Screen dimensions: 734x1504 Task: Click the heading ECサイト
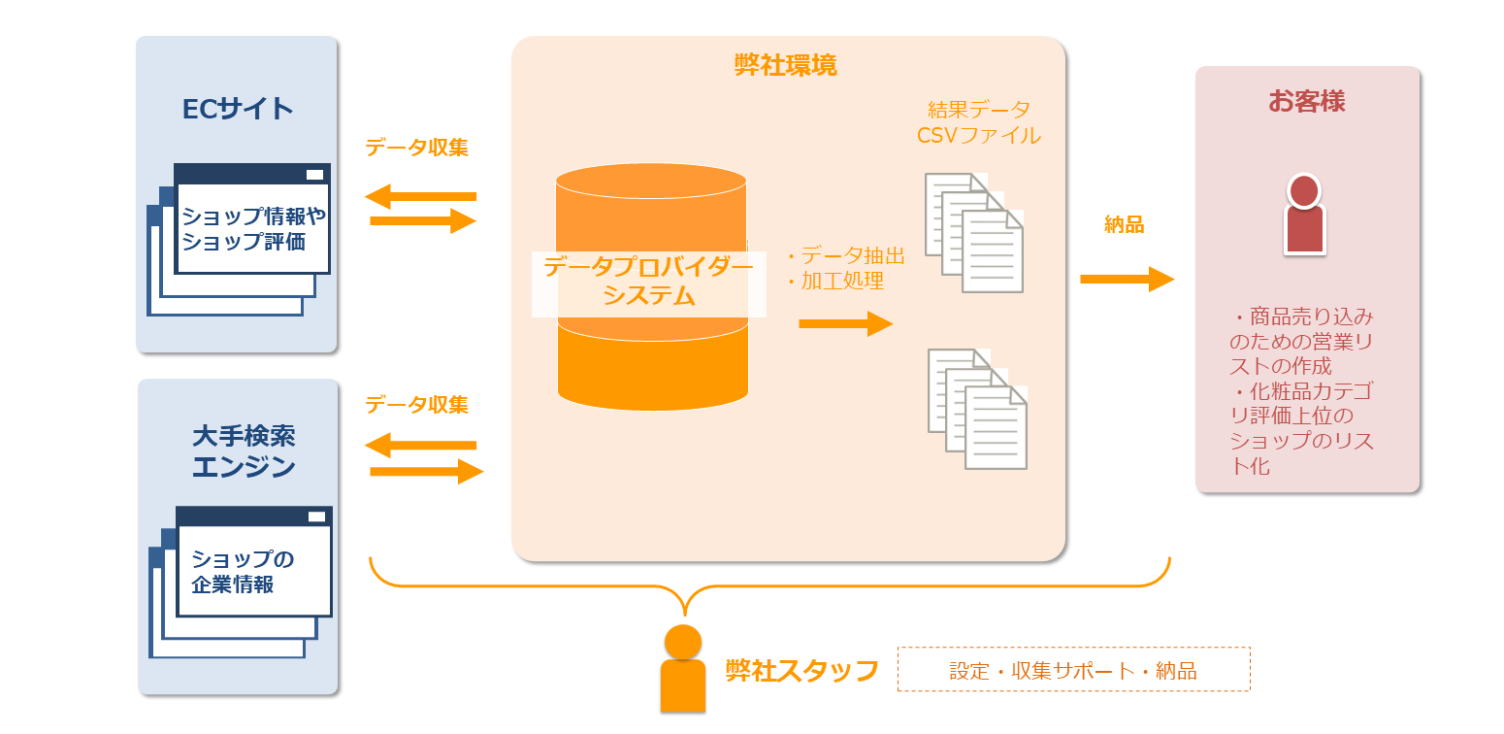point(238,108)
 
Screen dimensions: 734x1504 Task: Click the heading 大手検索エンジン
point(244,451)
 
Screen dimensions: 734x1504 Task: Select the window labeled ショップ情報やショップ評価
point(253,229)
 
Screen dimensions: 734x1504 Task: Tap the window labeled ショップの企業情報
point(253,571)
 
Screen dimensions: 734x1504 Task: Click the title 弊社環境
point(785,65)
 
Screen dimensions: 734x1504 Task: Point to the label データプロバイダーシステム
point(648,282)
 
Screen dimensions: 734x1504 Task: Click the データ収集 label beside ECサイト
point(416,148)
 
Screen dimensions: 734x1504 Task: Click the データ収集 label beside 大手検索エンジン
point(416,404)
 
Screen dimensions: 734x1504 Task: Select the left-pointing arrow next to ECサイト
point(421,197)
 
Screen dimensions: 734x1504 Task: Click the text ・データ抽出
point(843,255)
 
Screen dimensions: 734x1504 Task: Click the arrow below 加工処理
point(845,323)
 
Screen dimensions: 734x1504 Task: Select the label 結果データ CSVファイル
point(978,122)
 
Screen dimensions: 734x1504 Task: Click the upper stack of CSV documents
point(974,232)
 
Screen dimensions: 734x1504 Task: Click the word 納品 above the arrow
point(1124,225)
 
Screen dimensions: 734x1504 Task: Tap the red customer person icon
point(1304,215)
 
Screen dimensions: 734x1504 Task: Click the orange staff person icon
point(683,669)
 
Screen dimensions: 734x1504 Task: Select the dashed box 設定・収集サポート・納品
point(1073,670)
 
